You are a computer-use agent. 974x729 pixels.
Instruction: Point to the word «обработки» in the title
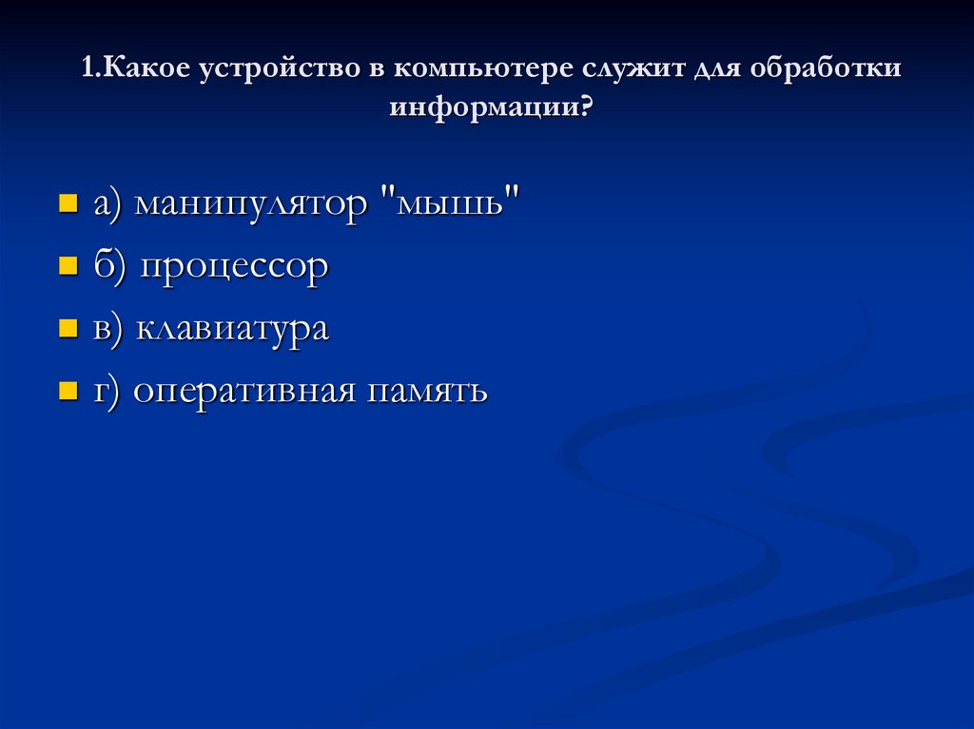click(827, 71)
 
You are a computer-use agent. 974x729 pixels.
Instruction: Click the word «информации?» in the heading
click(489, 107)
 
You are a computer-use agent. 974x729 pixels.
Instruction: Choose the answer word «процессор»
click(235, 267)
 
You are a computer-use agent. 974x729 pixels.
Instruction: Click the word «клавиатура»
click(232, 329)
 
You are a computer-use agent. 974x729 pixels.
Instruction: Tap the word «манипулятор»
click(250, 205)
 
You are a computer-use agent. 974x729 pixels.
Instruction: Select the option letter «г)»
click(107, 391)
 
